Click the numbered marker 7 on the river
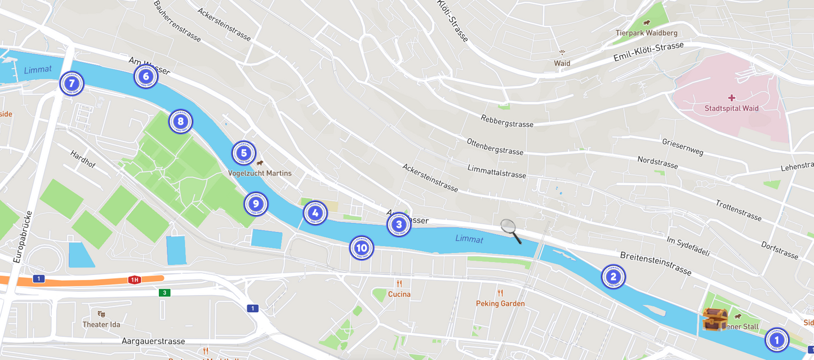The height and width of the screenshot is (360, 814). tap(72, 84)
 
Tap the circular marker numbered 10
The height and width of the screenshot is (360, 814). tap(361, 248)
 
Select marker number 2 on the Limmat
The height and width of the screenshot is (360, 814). tap(613, 277)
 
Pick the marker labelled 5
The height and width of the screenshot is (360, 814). tap(243, 153)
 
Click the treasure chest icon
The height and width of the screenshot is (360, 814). tap(714, 319)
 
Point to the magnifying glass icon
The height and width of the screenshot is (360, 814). tap(510, 231)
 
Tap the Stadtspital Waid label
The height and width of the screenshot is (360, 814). tap(731, 108)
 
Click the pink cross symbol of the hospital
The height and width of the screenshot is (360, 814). tap(731, 98)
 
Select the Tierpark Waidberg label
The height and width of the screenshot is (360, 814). tap(646, 33)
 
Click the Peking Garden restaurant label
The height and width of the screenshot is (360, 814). tap(500, 304)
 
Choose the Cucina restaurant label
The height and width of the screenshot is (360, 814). tap(399, 294)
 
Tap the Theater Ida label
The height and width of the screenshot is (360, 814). tap(101, 325)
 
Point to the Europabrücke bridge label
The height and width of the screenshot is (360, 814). tap(22, 237)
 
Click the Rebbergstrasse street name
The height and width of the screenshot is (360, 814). tap(506, 121)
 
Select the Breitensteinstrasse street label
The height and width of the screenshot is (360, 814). tap(655, 263)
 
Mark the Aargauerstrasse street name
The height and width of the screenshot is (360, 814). tap(153, 341)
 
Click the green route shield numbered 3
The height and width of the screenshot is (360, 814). tap(164, 292)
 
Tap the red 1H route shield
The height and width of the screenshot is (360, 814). tap(134, 279)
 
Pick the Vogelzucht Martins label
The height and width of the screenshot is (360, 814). tap(260, 173)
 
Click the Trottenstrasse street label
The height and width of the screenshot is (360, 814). tap(738, 210)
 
